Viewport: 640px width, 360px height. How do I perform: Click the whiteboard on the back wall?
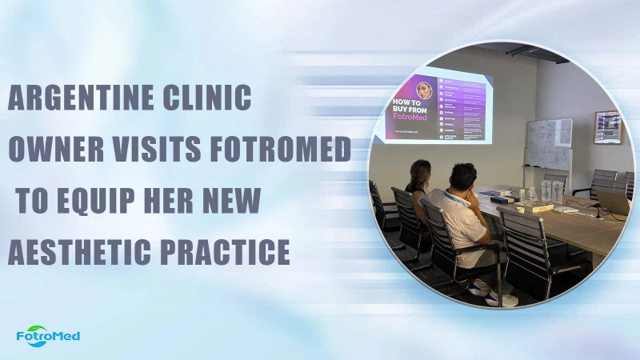549,144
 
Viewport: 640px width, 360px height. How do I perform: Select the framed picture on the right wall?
607,127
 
